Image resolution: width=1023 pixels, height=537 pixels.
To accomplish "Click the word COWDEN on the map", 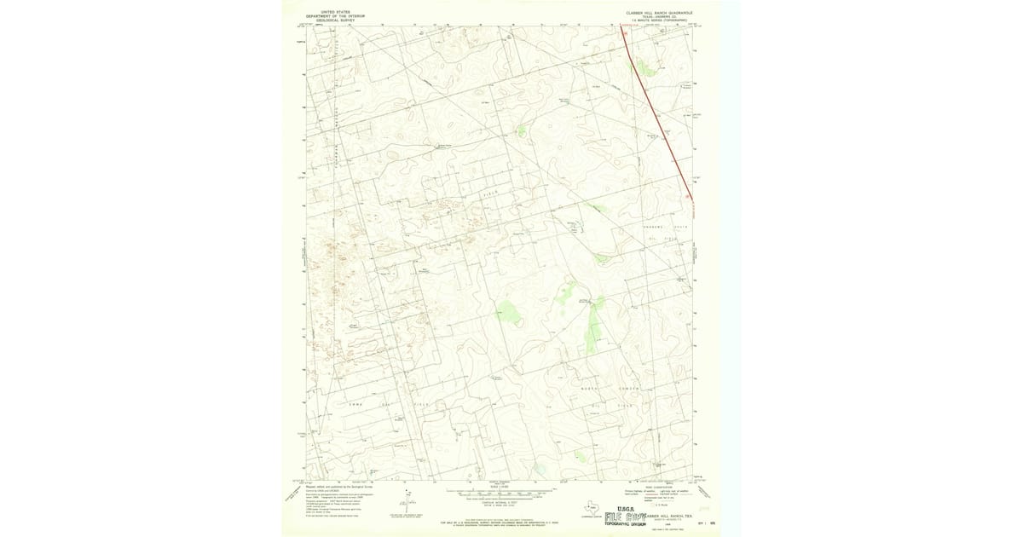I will coord(628,388).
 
